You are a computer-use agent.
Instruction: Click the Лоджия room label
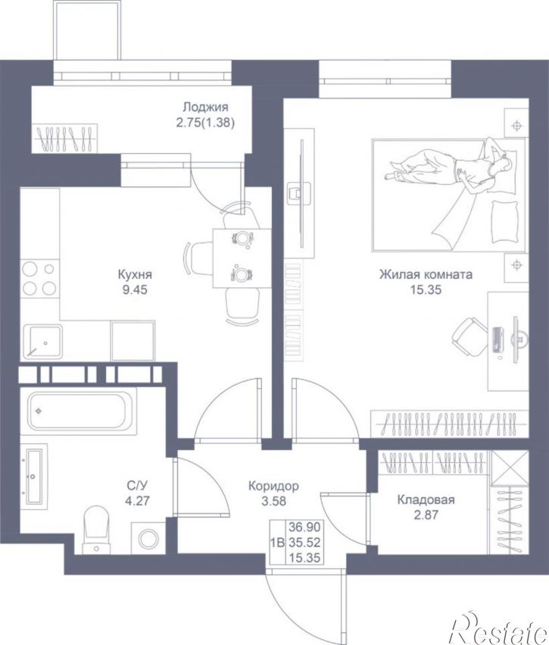205,108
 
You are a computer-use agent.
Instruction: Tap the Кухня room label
136,274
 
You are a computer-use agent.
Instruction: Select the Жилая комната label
426,274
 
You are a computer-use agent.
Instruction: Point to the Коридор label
273,487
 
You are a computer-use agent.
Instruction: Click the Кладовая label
426,499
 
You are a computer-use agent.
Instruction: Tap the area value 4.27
138,502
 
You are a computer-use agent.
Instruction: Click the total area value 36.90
304,527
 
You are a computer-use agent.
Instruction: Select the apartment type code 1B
277,543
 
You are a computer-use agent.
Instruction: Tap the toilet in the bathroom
96,529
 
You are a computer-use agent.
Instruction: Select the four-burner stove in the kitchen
39,279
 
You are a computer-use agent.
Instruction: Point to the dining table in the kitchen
242,258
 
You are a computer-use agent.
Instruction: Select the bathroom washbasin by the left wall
34,476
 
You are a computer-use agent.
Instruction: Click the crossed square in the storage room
510,468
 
